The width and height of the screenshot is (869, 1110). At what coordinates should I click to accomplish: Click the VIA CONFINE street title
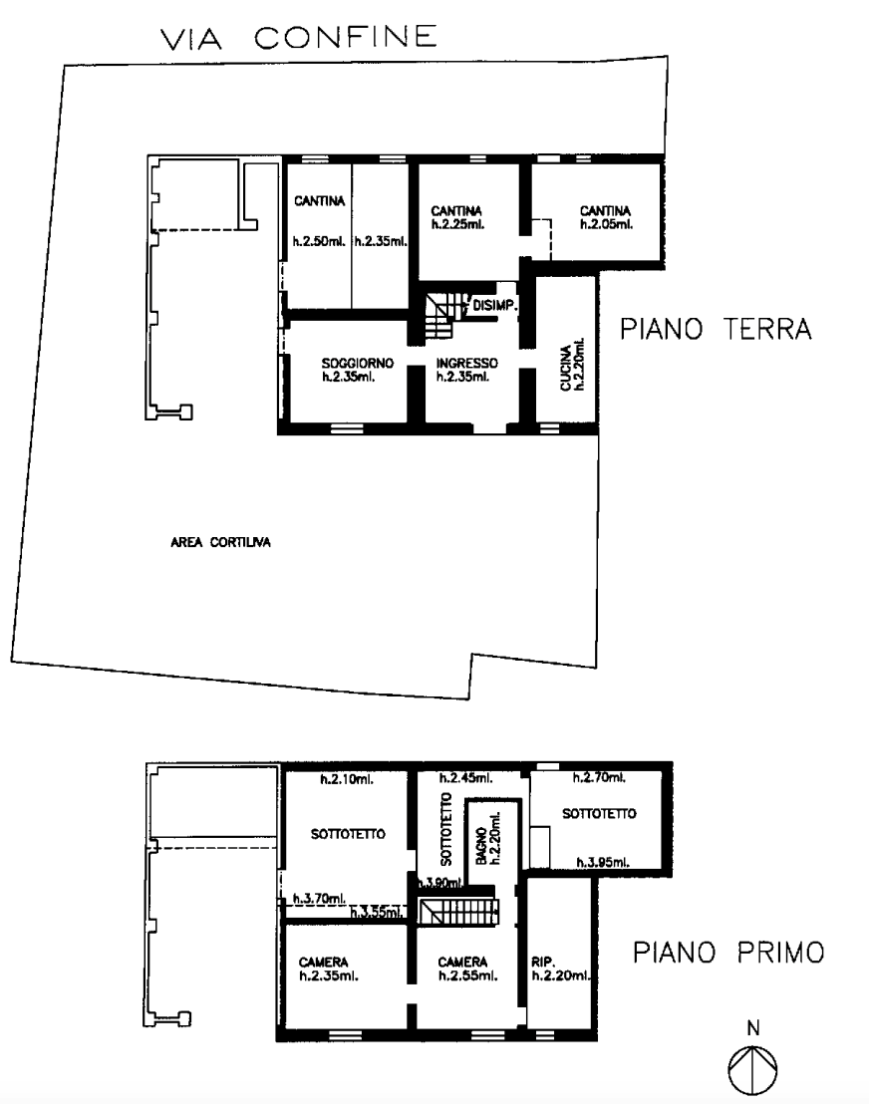click(299, 38)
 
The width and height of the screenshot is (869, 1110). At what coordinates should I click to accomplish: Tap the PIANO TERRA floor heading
click(716, 329)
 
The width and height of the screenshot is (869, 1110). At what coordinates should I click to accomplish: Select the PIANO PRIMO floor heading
click(728, 953)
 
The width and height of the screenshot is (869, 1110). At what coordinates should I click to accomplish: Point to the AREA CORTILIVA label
click(220, 543)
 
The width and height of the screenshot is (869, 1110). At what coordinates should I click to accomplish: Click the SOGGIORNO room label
click(358, 363)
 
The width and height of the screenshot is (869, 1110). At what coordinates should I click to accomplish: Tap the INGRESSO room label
click(466, 363)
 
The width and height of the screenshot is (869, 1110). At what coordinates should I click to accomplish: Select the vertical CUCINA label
click(566, 368)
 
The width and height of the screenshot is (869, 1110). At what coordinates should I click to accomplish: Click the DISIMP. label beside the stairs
click(494, 306)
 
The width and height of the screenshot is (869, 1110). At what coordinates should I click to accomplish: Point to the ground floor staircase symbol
click(439, 316)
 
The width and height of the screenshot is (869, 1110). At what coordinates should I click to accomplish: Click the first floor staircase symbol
click(458, 911)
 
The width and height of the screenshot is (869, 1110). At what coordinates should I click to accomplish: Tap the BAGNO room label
click(481, 845)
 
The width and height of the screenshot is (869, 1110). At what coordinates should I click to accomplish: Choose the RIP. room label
click(543, 963)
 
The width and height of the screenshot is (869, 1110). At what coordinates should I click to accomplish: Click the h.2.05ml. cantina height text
click(606, 224)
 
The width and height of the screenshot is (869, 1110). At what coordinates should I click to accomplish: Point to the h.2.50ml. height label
click(319, 241)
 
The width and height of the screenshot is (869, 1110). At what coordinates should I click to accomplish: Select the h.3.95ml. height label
click(602, 862)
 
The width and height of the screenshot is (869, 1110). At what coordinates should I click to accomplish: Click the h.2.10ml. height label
click(347, 779)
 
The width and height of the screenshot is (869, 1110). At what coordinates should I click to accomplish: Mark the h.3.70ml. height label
click(319, 899)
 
